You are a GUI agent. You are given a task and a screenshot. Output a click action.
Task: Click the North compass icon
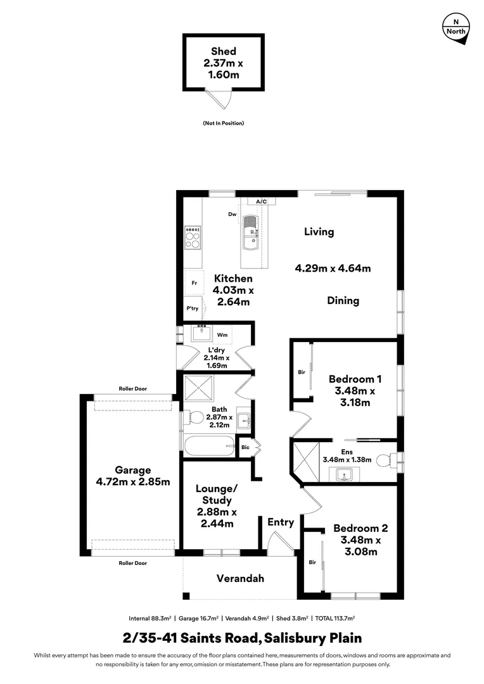click(455, 27)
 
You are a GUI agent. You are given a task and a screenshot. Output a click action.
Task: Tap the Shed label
click(223, 51)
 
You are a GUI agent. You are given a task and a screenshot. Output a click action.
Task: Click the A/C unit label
click(261, 201)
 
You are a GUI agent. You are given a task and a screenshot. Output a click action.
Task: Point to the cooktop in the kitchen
click(193, 237)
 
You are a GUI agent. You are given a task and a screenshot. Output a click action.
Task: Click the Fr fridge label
click(194, 283)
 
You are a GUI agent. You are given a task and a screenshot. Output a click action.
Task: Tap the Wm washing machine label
click(222, 334)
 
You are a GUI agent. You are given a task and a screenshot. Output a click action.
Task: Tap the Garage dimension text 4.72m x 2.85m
click(133, 481)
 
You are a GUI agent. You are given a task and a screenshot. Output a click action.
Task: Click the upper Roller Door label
click(132, 389)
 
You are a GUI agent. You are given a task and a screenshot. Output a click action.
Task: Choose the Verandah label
click(240, 578)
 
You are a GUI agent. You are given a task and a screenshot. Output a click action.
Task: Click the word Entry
click(281, 522)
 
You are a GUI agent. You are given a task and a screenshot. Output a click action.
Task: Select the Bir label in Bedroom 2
click(312, 562)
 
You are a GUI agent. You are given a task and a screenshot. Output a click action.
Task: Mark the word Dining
click(343, 301)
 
